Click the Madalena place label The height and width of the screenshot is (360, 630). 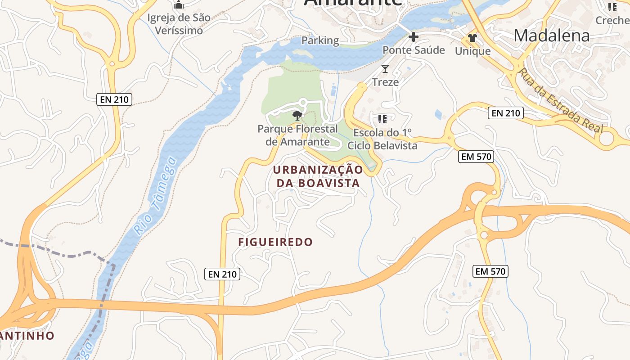pyautogui.click(x=551, y=35)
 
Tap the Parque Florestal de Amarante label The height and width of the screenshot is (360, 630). pyautogui.click(x=297, y=135)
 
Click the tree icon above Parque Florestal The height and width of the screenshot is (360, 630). pyautogui.click(x=297, y=115)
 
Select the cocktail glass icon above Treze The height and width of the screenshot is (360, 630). pyautogui.click(x=385, y=69)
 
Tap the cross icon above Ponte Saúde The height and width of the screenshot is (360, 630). pyautogui.click(x=413, y=36)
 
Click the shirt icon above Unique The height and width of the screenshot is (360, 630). pyautogui.click(x=472, y=37)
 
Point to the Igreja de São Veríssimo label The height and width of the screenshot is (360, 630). pyautogui.click(x=179, y=24)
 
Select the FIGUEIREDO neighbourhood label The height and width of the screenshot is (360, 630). pyautogui.click(x=275, y=242)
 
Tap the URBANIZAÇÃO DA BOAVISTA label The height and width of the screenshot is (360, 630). pyautogui.click(x=318, y=176)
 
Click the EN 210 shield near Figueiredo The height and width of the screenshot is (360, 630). pyautogui.click(x=222, y=274)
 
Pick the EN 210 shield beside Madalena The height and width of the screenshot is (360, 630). pyautogui.click(x=506, y=113)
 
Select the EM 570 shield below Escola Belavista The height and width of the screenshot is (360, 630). pyautogui.click(x=476, y=157)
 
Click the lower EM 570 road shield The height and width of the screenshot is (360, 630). pyautogui.click(x=491, y=271)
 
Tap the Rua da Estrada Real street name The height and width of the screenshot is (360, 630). pyautogui.click(x=560, y=100)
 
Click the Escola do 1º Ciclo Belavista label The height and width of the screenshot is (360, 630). pyautogui.click(x=382, y=139)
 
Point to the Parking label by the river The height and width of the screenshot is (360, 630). pyautogui.click(x=320, y=40)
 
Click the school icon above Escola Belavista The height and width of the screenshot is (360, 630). pyautogui.click(x=382, y=119)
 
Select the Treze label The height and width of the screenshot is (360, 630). pyautogui.click(x=385, y=82)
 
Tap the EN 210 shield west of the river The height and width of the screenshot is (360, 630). pyautogui.click(x=114, y=99)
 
